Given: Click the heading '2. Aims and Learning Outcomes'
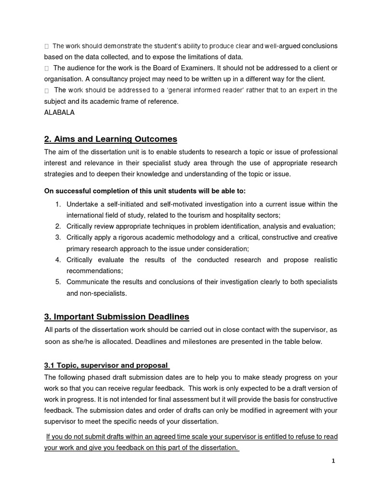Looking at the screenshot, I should click(110, 139).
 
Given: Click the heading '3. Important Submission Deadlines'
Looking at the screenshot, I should click(117, 317).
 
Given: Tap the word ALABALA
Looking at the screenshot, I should click(60, 112).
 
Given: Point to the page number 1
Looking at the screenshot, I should click(333, 461).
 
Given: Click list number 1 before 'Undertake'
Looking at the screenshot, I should click(57, 205).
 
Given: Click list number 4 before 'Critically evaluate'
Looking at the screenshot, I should click(57, 260).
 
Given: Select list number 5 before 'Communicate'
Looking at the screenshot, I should click(57, 282).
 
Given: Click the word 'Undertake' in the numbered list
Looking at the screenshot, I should click(83, 205).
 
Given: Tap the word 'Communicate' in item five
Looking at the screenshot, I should click(88, 282).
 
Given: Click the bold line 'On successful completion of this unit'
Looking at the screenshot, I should click(145, 191).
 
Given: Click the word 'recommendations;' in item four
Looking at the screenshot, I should click(95, 271).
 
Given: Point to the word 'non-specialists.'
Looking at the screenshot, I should click(104, 293).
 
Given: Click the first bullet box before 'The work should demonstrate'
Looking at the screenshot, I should click(46, 46).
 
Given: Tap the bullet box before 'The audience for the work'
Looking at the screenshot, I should click(46, 69).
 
